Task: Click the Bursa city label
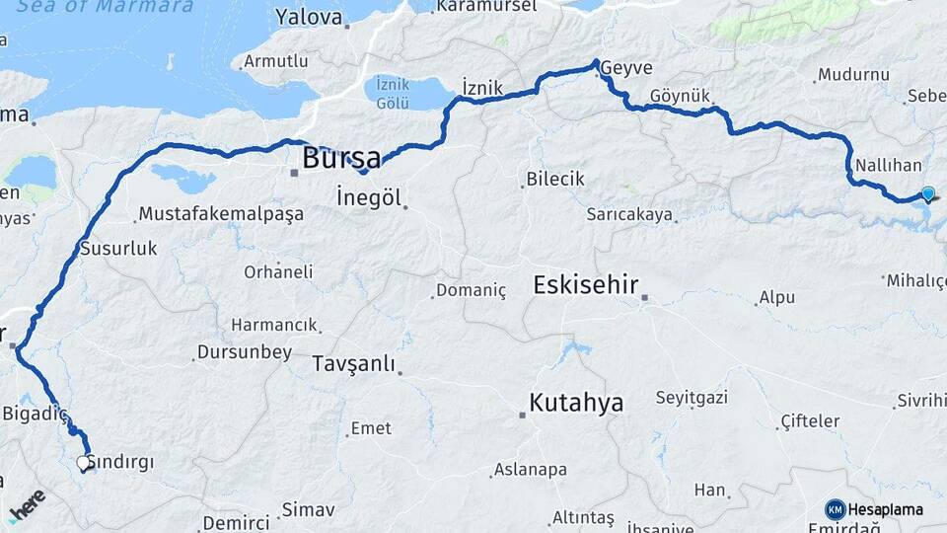(x=341, y=157)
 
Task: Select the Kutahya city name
(x=576, y=403)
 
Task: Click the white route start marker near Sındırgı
(x=83, y=462)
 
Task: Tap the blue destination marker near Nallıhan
(x=927, y=193)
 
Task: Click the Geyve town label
(x=625, y=67)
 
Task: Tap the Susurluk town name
(x=118, y=249)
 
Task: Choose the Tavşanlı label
(x=353, y=363)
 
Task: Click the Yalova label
(x=309, y=17)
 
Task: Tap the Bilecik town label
(x=556, y=180)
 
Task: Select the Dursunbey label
(x=245, y=351)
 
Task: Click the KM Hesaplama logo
(x=874, y=509)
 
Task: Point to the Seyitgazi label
(x=692, y=398)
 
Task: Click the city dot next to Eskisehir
(x=644, y=296)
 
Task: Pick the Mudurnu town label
(x=853, y=74)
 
